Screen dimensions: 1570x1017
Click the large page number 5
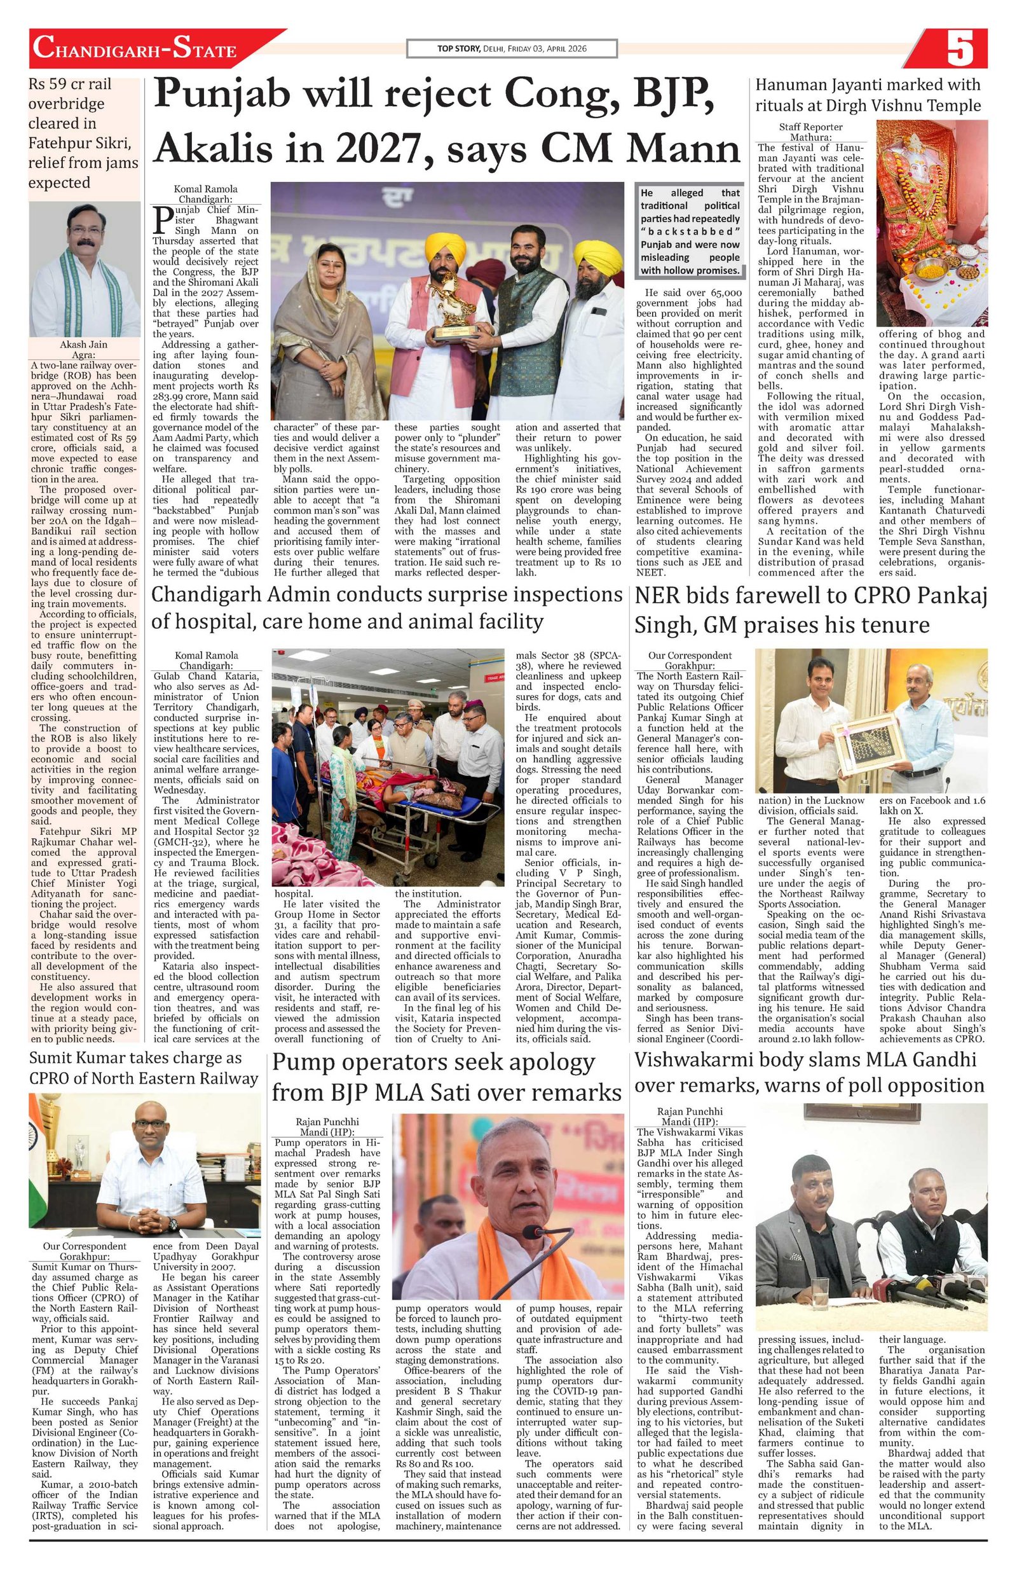point(960,50)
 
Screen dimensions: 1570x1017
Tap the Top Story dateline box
point(512,49)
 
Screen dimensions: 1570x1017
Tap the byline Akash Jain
point(83,345)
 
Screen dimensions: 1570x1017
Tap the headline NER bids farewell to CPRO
point(810,610)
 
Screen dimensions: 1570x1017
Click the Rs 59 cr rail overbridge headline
point(83,134)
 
